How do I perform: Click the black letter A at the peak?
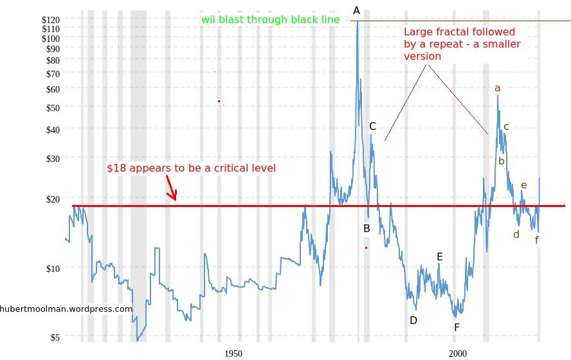coord(357,10)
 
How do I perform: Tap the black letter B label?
coord(367,228)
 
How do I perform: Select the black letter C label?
coord(372,127)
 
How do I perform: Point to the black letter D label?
coord(413,320)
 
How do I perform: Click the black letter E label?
coord(440,257)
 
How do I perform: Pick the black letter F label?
coord(457,327)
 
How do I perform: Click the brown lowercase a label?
coord(497,89)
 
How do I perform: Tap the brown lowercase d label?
coord(516,235)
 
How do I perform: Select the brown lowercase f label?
coord(537,240)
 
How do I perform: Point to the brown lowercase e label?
coord(524,186)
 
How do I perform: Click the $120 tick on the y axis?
coord(51,20)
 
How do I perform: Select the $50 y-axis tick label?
coord(51,107)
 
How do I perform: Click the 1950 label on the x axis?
coord(233,354)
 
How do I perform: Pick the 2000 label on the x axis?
coord(458,354)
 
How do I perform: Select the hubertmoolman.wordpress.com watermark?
coord(66,309)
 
